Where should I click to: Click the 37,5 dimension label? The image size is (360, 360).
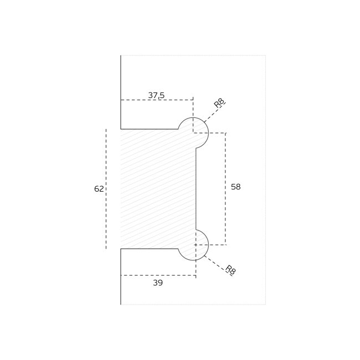156,95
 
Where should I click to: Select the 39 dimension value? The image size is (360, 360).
158,283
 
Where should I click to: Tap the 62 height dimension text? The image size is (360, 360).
99,189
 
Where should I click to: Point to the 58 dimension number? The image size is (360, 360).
236,187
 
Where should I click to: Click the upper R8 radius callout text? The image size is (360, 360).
219,103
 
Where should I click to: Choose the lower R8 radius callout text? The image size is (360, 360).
230,270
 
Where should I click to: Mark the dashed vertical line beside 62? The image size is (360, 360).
106,189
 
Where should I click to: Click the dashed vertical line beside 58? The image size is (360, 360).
225,189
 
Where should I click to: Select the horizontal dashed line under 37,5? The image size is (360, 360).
157,100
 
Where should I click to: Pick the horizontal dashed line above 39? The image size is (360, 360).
158,275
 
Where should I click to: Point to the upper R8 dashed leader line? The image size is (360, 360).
214,113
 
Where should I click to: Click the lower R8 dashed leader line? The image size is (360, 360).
218,265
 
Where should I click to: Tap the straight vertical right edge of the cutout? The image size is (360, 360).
196,189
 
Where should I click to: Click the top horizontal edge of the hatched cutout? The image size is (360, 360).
149,129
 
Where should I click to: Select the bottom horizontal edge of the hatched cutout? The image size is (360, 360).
149,249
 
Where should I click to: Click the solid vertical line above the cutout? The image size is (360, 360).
121,92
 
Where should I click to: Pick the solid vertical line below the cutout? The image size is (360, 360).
121,277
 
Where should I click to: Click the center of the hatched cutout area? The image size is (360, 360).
158,189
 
